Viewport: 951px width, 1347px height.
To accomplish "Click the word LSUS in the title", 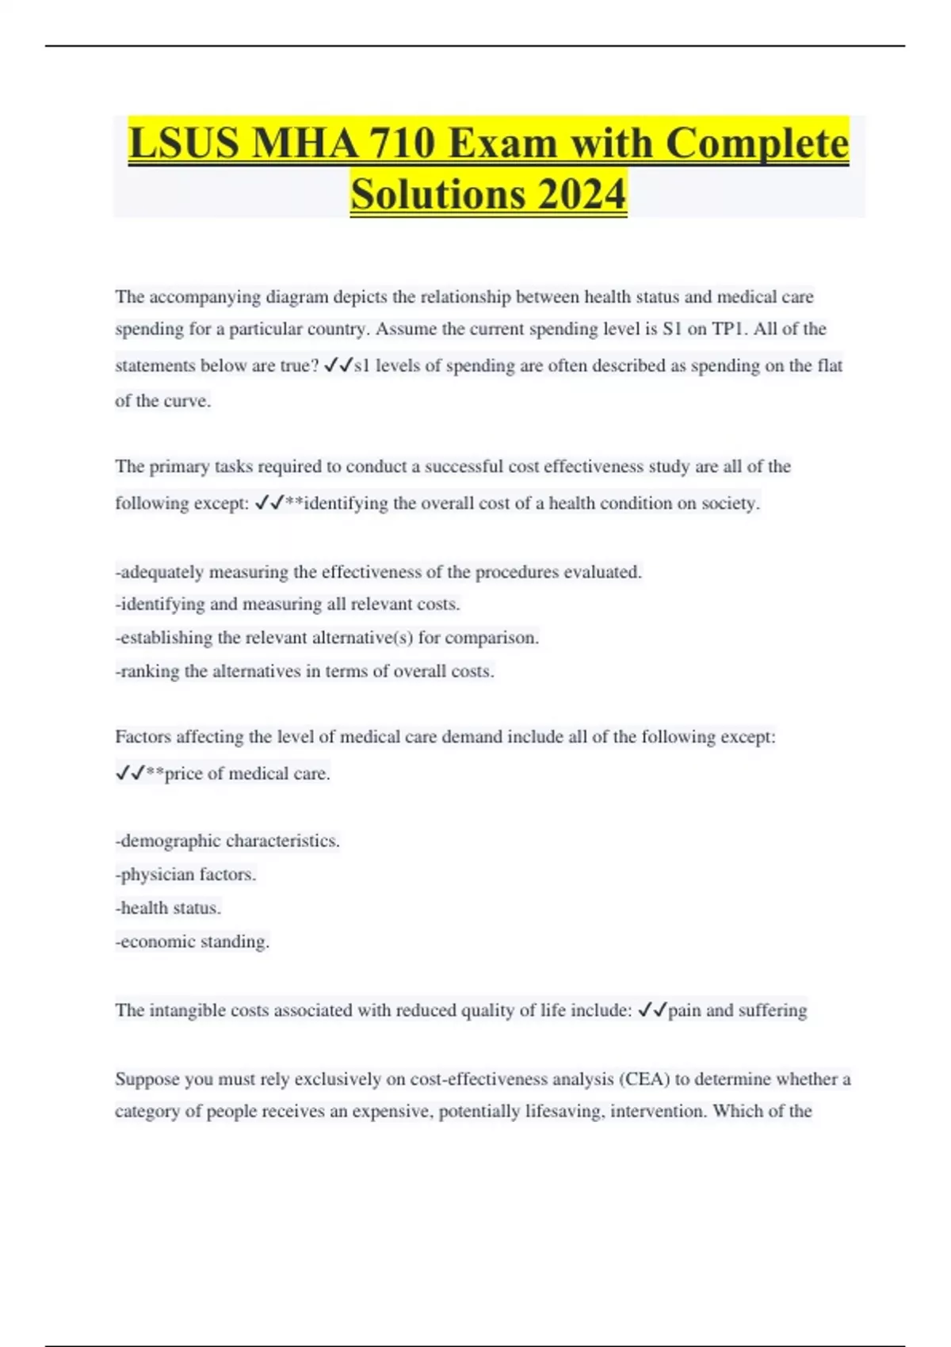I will [x=182, y=143].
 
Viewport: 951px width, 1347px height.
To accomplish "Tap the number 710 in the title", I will [x=402, y=143].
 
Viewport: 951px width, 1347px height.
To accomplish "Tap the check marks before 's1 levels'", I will [x=338, y=365].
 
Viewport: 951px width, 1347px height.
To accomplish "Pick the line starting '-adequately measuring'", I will [x=378, y=572].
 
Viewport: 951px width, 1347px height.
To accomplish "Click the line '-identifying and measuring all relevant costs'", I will [x=288, y=605].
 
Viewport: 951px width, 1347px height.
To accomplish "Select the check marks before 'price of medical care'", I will [x=130, y=773].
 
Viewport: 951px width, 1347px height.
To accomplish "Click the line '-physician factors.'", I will [x=185, y=875].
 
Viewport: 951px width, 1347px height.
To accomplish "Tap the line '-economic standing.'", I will [x=193, y=942].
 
